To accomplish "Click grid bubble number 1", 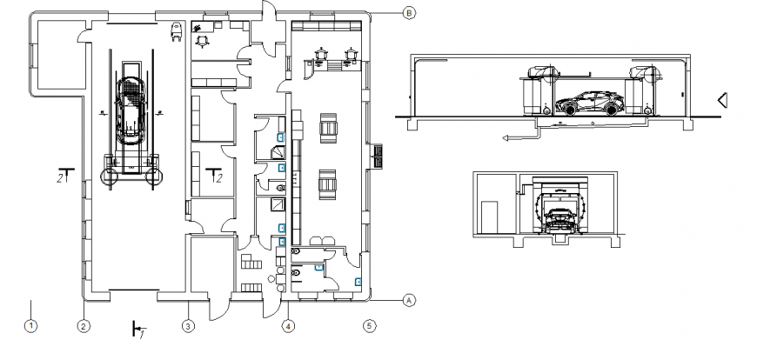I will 30,327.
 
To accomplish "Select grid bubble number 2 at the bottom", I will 84,327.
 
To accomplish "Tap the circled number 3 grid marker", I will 187,327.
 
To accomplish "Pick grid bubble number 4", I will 289,327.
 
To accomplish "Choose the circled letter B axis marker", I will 409,12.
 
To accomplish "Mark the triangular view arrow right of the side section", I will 722,101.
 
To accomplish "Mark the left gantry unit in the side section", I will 535,91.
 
